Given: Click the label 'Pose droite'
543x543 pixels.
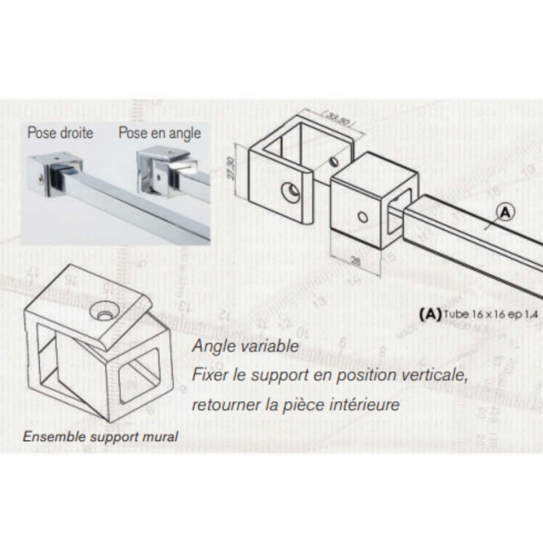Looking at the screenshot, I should [x=60, y=132].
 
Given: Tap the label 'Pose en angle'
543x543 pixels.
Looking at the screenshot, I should [x=160, y=132].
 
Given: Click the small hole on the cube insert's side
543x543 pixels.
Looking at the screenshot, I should [x=362, y=219].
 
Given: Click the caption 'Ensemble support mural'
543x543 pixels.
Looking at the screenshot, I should [x=100, y=436].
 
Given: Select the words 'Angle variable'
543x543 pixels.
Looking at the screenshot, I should [x=245, y=345].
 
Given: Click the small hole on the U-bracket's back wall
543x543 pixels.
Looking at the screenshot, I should [x=334, y=162].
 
